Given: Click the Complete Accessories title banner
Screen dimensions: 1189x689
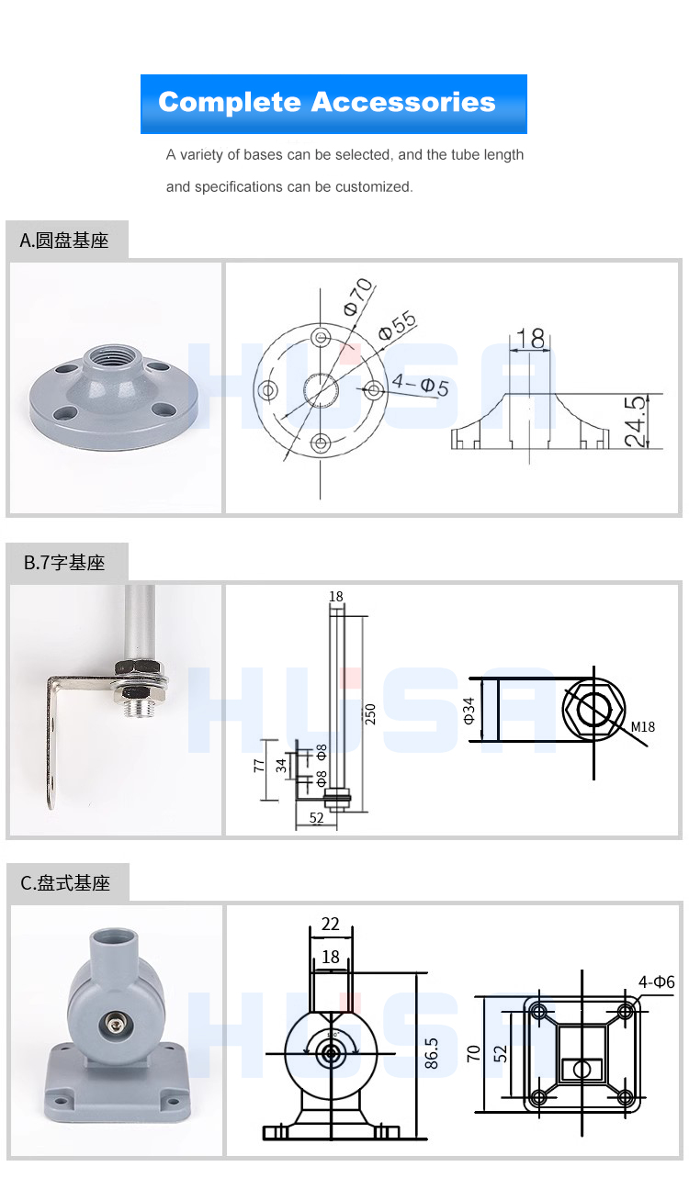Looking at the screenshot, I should (333, 103).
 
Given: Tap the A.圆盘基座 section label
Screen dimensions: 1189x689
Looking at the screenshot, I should (65, 241).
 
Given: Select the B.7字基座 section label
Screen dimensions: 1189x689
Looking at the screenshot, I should (65, 563).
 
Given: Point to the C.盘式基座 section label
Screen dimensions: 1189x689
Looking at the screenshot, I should (66, 883).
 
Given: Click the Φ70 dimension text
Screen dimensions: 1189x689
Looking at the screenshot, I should (357, 297).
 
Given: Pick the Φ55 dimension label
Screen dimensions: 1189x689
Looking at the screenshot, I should (397, 325).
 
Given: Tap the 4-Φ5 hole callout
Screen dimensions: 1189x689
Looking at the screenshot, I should (420, 385).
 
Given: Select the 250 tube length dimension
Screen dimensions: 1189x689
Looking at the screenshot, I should (371, 714).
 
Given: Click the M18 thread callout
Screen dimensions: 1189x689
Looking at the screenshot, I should (643, 727).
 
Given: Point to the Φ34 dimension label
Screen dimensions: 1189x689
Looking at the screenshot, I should (469, 711).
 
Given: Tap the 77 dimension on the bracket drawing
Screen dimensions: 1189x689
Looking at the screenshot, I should (260, 764).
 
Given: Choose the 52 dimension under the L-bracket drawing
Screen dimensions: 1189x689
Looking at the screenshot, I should (316, 818).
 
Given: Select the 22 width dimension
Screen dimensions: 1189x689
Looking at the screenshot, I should (331, 925).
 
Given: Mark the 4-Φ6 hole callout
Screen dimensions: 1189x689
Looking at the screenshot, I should (656, 982).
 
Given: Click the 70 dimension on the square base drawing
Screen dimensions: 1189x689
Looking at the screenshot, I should (474, 1052).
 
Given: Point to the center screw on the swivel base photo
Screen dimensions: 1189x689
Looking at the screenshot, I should (117, 1022).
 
